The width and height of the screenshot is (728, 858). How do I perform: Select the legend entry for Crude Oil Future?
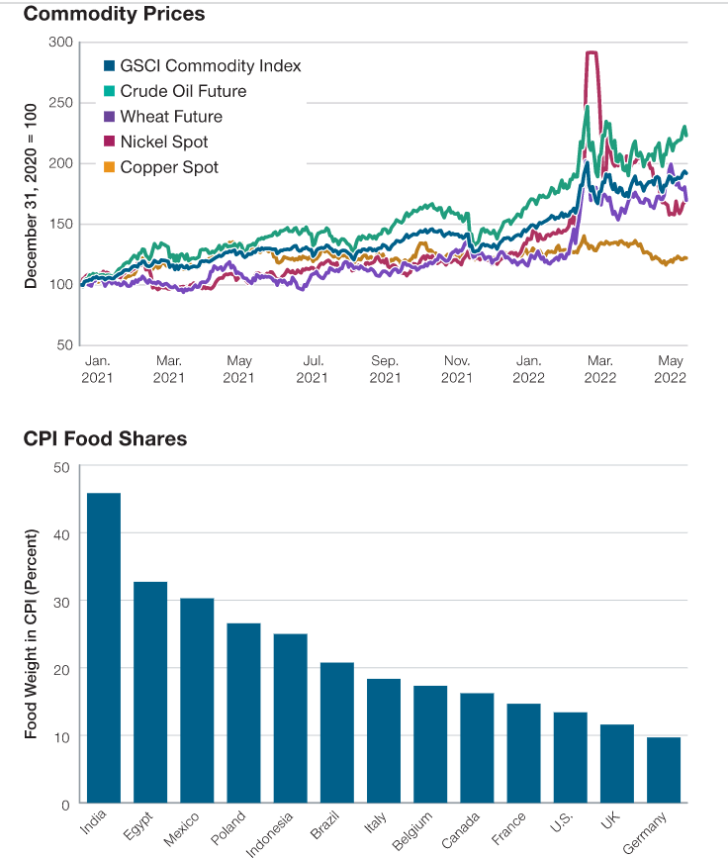pos(183,91)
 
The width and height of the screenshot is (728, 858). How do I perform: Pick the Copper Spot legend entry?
pos(169,167)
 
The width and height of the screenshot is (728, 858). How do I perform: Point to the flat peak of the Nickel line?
pos(592,53)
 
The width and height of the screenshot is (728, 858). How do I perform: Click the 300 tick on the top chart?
pos(61,43)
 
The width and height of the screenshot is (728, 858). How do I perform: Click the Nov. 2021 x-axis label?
pos(457,369)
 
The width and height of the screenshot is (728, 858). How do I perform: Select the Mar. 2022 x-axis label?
pos(600,369)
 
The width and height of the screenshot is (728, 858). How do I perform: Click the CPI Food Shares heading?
pos(105,438)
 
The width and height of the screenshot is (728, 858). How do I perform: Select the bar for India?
pos(103,648)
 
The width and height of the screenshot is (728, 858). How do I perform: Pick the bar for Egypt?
pos(150,693)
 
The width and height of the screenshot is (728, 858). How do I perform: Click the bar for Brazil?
pos(337,733)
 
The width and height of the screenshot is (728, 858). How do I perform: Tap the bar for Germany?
pos(664,770)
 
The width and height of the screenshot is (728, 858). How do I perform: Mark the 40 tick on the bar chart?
pos(61,534)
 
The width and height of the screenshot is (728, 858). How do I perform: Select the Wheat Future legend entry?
pos(171,117)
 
